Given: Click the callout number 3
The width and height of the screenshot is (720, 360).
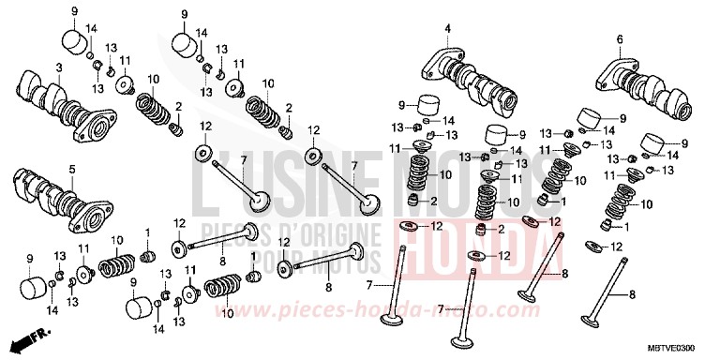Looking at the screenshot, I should click(58, 67).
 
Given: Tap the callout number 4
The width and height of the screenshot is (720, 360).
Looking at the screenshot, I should click(447, 29).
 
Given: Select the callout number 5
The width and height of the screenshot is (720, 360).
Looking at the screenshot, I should click(70, 169).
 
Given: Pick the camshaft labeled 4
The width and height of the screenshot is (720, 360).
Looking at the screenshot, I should click(472, 81).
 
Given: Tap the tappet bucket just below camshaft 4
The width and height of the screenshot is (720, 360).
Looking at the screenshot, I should click(428, 106).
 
